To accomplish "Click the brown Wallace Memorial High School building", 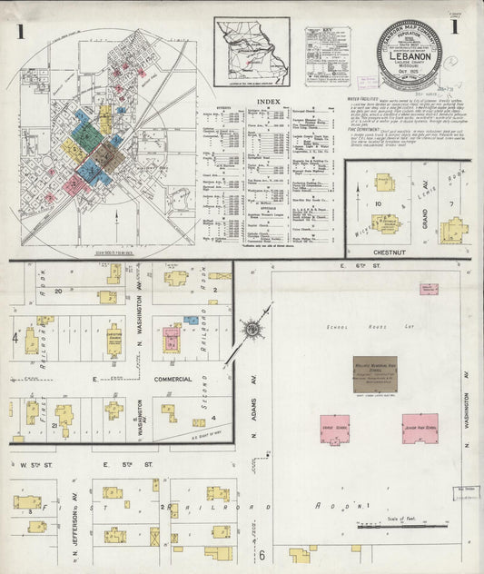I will (x=369, y=373).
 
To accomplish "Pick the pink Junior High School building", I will (x=420, y=428).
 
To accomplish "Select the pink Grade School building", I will (x=336, y=428).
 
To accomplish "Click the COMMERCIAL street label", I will (x=172, y=378).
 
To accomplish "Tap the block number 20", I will (x=59, y=291).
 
